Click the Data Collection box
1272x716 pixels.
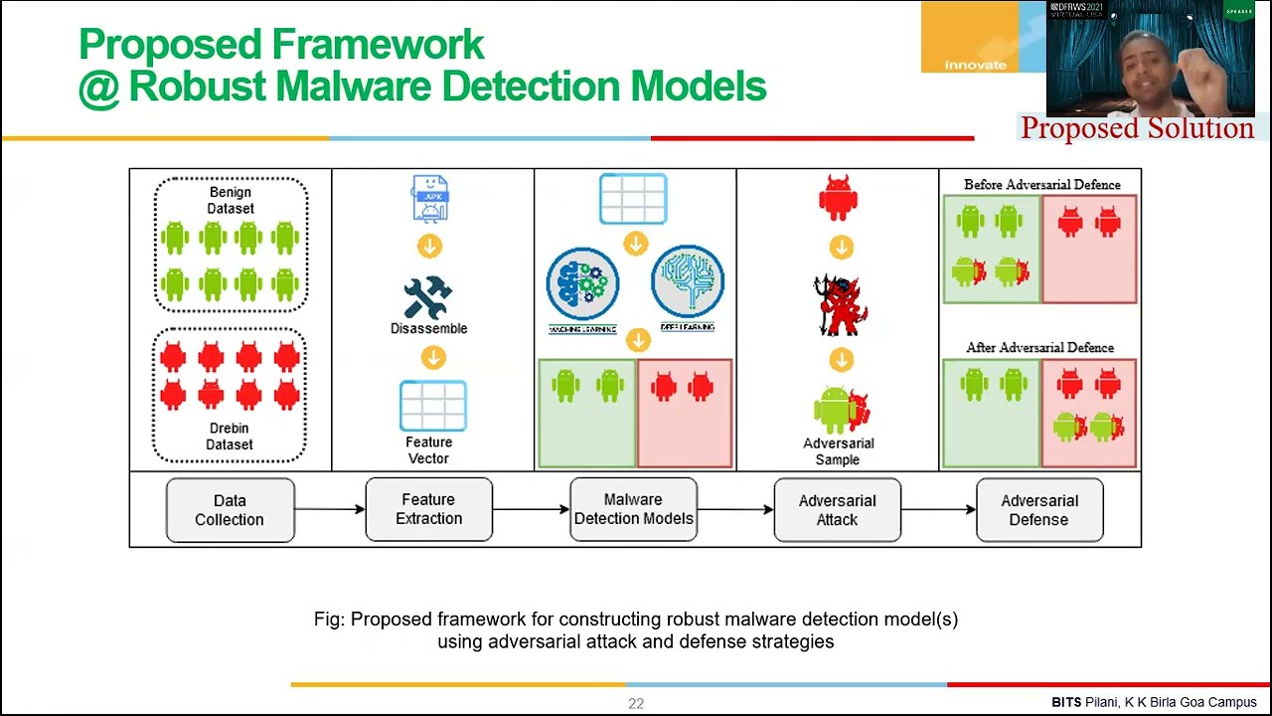click(230, 510)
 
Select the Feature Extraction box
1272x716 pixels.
click(428, 509)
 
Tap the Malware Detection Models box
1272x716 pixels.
click(633, 509)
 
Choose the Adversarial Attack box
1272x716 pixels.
click(837, 510)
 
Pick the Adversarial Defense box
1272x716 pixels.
click(1038, 510)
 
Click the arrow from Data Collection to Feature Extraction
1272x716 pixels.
click(330, 510)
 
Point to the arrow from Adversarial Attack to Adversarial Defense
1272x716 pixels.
click(938, 510)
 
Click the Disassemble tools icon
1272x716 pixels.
click(428, 297)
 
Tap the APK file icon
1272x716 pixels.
click(430, 199)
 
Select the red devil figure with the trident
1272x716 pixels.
click(841, 305)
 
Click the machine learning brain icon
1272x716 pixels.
click(582, 283)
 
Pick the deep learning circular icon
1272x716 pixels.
click(688, 281)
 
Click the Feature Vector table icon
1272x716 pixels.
click(432, 406)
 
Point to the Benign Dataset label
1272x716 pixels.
click(230, 200)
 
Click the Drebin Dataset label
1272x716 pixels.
click(230, 437)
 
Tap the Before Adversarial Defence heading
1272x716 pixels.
click(1041, 185)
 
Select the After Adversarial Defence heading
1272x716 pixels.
click(1039, 348)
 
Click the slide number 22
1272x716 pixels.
click(636, 703)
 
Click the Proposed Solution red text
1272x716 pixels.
click(1137, 128)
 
